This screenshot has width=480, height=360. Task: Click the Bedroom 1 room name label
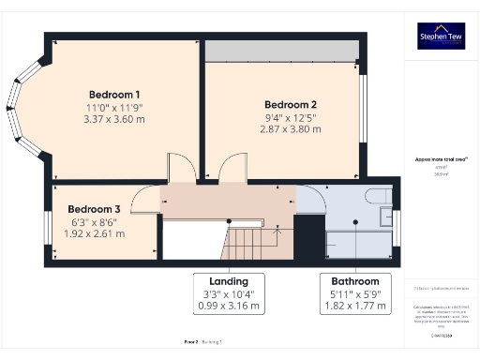pyautogui.click(x=114, y=95)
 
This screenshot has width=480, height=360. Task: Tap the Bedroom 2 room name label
pyautogui.click(x=290, y=104)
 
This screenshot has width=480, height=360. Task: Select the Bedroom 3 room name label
pyautogui.click(x=93, y=208)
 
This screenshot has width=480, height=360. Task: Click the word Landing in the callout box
pyautogui.click(x=229, y=281)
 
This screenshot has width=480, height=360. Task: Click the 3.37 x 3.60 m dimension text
pyautogui.click(x=114, y=119)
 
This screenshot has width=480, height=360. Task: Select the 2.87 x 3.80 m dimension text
pyautogui.click(x=290, y=128)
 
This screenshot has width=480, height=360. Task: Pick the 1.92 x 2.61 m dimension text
pyautogui.click(x=93, y=232)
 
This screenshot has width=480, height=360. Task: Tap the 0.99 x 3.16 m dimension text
pyautogui.click(x=229, y=306)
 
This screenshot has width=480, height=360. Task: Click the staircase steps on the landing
pyautogui.click(x=251, y=243)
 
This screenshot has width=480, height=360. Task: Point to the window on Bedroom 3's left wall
pyautogui.click(x=47, y=224)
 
